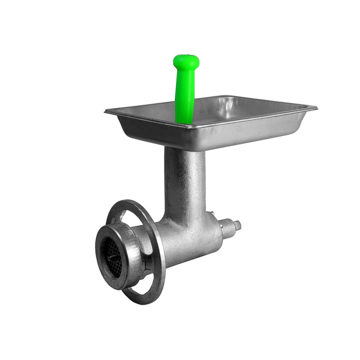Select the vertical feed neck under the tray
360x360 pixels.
pyautogui.click(x=185, y=183)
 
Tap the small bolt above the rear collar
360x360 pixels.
pyautogui.click(x=212, y=214)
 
